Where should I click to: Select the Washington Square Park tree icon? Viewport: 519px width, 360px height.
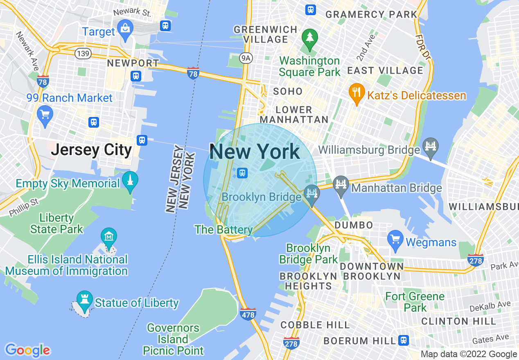[310, 38]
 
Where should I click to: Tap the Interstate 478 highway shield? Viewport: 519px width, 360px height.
[248, 314]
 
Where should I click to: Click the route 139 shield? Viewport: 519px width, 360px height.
[82, 53]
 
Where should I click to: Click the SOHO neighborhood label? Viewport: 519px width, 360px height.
[288, 91]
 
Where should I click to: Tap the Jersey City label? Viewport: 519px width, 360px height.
[91, 150]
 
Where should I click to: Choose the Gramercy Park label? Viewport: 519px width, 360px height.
[371, 14]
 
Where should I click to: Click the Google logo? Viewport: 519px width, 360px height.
[27, 350]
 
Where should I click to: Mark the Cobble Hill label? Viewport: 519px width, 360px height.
[315, 325]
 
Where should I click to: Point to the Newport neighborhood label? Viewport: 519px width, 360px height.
[133, 63]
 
